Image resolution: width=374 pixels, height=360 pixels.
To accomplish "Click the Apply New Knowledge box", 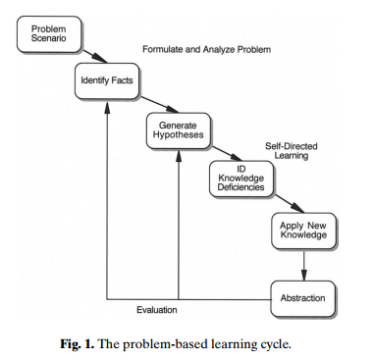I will pos(301,231).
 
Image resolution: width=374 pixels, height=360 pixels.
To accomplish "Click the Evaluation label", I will pos(158,310).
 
